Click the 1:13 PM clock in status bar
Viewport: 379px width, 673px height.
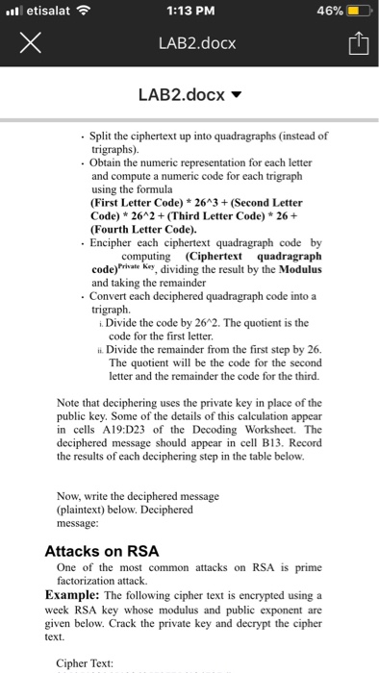(x=189, y=12)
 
